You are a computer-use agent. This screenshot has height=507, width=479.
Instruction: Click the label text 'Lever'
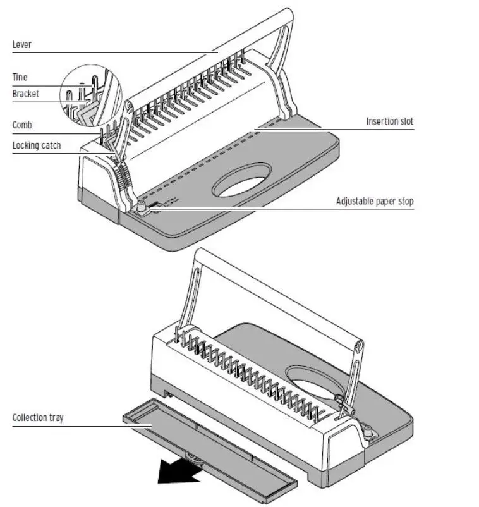pyautogui.click(x=21, y=45)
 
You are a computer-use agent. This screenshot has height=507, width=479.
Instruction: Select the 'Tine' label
pyautogui.click(x=20, y=77)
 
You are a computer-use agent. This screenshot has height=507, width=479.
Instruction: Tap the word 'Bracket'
pyautogui.click(x=25, y=94)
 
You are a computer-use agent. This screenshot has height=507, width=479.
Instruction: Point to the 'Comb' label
pyautogui.click(x=22, y=125)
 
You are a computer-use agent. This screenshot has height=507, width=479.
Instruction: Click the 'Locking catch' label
pyautogui.click(x=37, y=145)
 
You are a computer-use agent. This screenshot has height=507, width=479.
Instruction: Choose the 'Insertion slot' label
pyautogui.click(x=390, y=121)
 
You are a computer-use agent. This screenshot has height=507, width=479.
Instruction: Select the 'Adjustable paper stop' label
pyautogui.click(x=375, y=202)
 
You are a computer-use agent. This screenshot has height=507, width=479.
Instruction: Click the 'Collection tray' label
pyautogui.click(x=38, y=418)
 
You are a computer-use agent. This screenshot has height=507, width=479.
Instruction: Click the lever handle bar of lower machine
pyautogui.click(x=278, y=297)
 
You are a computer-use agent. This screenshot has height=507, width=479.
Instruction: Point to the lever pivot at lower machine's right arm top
pyautogui.click(x=359, y=346)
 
